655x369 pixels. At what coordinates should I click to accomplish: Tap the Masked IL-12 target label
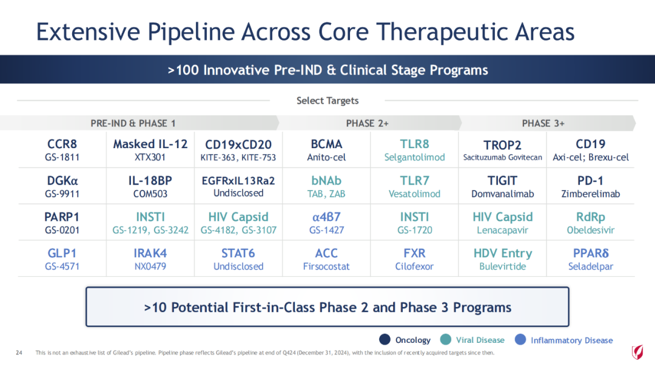coord(150,144)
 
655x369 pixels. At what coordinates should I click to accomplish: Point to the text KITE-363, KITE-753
coord(238,157)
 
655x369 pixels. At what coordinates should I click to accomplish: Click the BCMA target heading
coord(326,144)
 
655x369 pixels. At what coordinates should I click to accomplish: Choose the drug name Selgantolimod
coord(414,157)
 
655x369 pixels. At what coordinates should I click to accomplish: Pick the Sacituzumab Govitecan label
coord(503,157)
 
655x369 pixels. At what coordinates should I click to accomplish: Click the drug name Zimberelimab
coord(591,194)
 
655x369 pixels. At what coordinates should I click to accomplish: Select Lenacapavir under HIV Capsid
coord(503,230)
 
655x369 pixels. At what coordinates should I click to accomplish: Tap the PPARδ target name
coord(591,253)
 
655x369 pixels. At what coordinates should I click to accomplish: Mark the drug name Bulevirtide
coord(503,266)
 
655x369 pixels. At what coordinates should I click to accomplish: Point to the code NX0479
coord(150,266)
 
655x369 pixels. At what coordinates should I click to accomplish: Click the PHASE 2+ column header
coord(368,123)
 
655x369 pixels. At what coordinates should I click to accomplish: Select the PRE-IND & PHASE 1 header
coord(133,123)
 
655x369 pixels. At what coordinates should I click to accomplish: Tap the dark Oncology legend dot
coord(385,340)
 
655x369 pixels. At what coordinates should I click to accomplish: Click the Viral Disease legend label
coord(480,340)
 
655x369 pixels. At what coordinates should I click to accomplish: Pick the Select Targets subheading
coord(327,101)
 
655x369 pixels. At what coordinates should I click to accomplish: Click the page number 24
coord(18,353)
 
